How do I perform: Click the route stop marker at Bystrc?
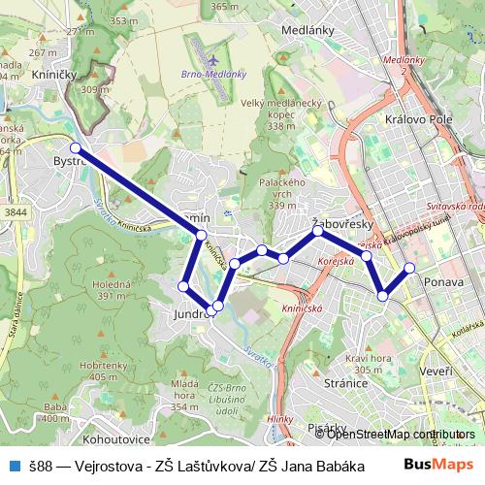[76, 148]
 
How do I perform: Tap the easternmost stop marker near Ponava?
[409, 268]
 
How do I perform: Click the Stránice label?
[345, 382]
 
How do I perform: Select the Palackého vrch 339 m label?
[282, 193]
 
